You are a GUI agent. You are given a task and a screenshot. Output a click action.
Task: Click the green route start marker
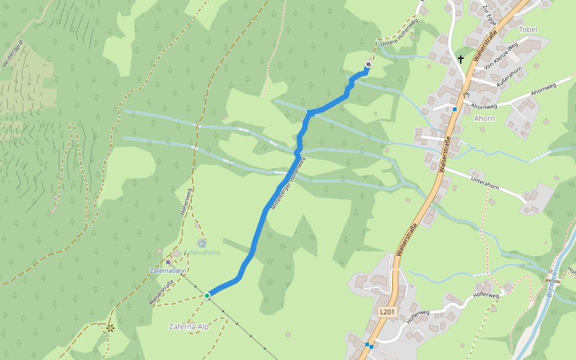(x=207, y=295)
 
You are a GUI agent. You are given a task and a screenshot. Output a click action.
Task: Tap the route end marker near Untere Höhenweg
(x=368, y=64)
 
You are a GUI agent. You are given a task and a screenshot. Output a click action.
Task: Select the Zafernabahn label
(x=167, y=271)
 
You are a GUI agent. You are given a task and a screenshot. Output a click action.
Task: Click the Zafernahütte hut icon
(x=202, y=243)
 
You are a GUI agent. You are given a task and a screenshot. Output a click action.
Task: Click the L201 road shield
(x=388, y=312)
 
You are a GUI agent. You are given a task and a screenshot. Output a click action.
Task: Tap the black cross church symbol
(x=461, y=59)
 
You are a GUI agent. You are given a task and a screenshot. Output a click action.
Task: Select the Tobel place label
(x=527, y=29)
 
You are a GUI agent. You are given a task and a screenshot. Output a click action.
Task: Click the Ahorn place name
(x=484, y=118)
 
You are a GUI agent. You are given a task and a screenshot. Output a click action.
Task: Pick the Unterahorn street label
(x=485, y=179)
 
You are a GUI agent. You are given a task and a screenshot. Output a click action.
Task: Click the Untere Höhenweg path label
(x=400, y=34)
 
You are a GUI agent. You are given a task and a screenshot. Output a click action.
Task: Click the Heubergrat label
(x=13, y=53)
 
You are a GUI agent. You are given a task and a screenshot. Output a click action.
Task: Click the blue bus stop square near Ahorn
(x=455, y=109)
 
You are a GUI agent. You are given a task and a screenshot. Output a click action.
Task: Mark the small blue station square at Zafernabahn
(x=168, y=262)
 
